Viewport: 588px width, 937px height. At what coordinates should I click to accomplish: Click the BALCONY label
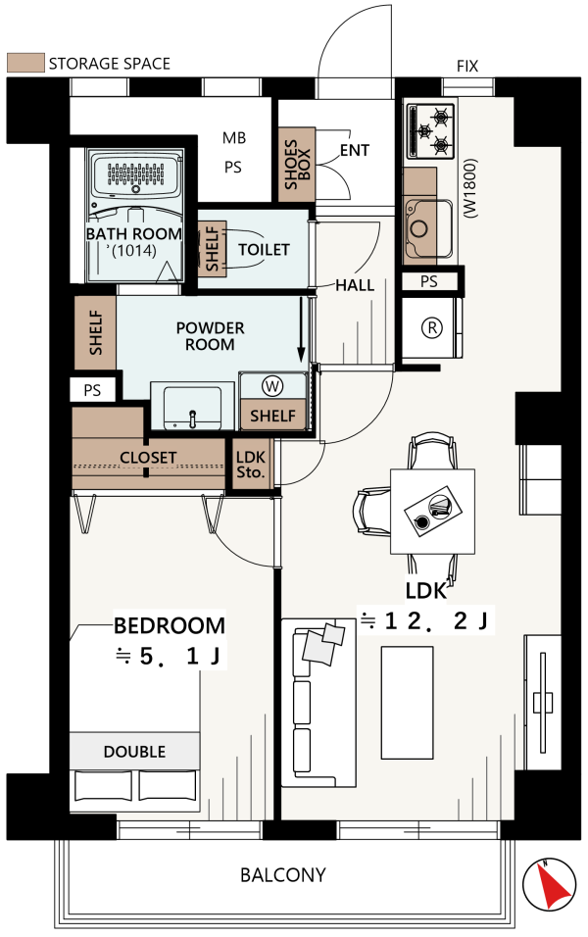(282, 875)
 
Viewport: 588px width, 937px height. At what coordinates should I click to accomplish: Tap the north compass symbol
(549, 885)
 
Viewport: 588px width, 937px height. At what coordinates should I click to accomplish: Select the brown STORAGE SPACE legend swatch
(25, 63)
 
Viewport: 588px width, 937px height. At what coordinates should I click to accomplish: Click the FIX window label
(467, 66)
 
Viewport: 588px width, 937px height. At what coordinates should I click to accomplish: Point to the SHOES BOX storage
(297, 165)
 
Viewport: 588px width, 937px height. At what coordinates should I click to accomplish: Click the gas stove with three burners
(431, 130)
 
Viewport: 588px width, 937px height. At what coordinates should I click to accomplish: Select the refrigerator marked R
(431, 327)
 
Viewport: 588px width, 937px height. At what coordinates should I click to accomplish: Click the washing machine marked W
(273, 386)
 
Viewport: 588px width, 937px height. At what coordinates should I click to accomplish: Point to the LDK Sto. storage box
(251, 465)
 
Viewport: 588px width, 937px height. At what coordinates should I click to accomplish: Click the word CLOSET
(148, 457)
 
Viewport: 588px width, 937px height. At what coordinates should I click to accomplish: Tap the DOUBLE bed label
(134, 751)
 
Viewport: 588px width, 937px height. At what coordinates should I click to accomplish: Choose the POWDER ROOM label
(210, 336)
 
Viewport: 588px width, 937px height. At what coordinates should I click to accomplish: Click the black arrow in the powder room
(302, 330)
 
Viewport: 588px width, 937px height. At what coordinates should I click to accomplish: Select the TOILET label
(265, 249)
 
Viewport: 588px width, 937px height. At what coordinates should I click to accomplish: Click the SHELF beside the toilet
(212, 249)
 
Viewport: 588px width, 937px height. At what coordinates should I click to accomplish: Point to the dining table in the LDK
(432, 512)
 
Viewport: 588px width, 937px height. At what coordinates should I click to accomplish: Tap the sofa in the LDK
(318, 702)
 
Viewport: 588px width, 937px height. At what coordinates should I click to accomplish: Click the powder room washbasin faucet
(192, 419)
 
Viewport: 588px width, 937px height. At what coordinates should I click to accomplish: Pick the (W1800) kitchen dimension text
(470, 188)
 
